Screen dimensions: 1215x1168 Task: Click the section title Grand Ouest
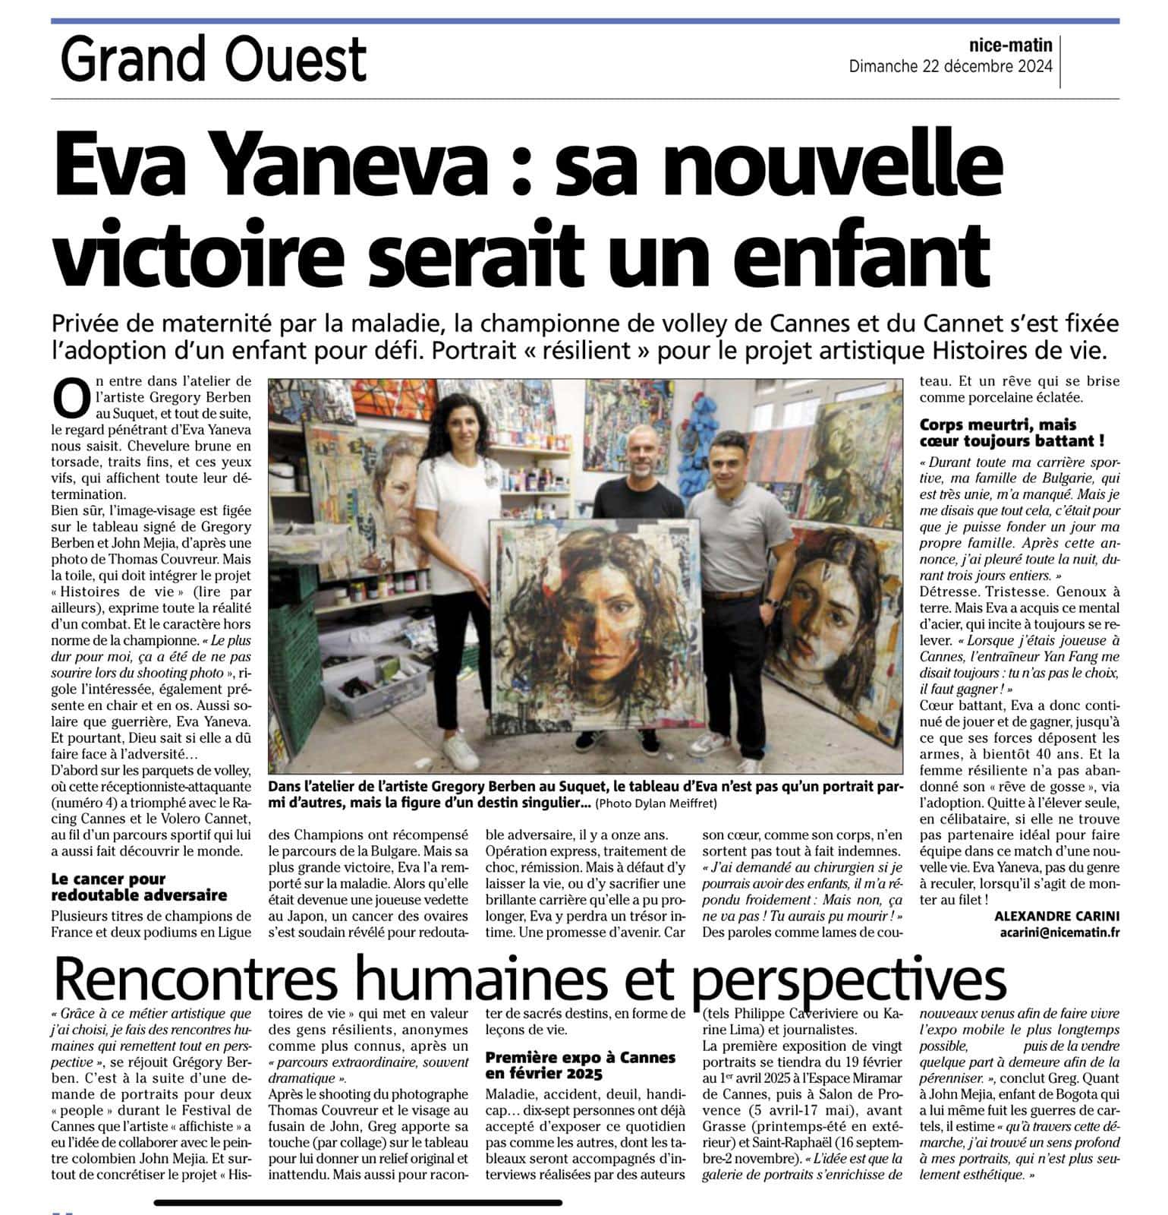pos(213,61)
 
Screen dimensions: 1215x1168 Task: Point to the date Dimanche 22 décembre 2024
pos(950,66)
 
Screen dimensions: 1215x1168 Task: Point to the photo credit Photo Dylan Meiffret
pos(656,803)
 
